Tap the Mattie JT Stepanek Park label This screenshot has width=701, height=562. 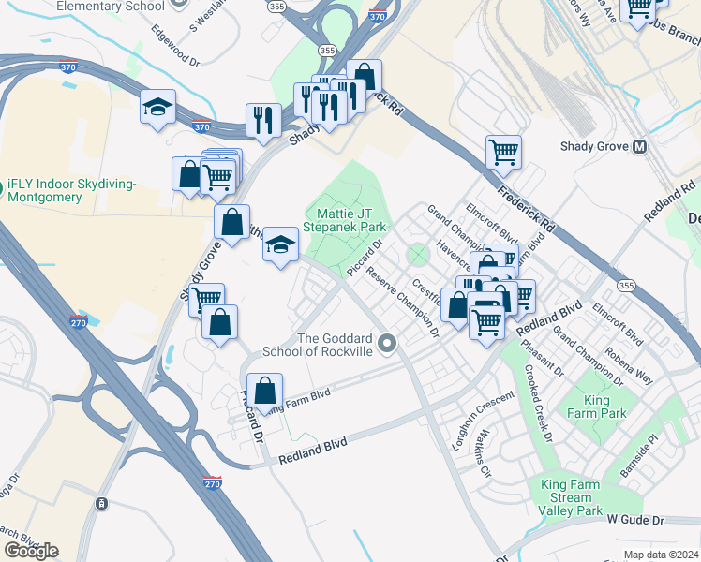345,220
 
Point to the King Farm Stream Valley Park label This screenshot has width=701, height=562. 572,496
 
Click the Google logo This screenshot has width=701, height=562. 30,551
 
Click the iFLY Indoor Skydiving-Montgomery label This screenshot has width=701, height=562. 70,191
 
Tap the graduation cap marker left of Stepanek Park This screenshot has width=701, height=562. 280,244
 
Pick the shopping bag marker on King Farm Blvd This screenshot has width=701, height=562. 266,390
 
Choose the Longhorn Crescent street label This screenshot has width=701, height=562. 484,419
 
